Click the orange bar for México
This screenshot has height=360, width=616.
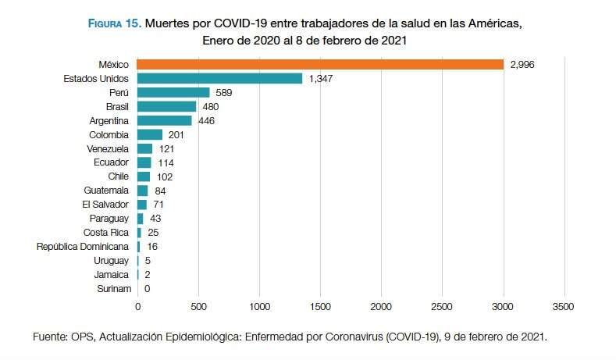[320, 64]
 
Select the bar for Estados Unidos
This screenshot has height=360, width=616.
[219, 78]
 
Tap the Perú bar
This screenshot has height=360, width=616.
[173, 92]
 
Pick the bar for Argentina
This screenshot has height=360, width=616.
[164, 120]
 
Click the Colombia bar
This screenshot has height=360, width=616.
[149, 134]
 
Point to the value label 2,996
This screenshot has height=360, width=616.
[525, 64]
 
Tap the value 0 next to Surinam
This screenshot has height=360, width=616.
[147, 289]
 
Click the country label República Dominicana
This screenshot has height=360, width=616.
[83, 247]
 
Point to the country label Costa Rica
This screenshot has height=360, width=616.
[106, 233]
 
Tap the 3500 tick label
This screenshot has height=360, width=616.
[563, 307]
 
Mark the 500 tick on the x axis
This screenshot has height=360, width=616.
[198, 307]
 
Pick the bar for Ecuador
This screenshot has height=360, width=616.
[144, 162]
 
